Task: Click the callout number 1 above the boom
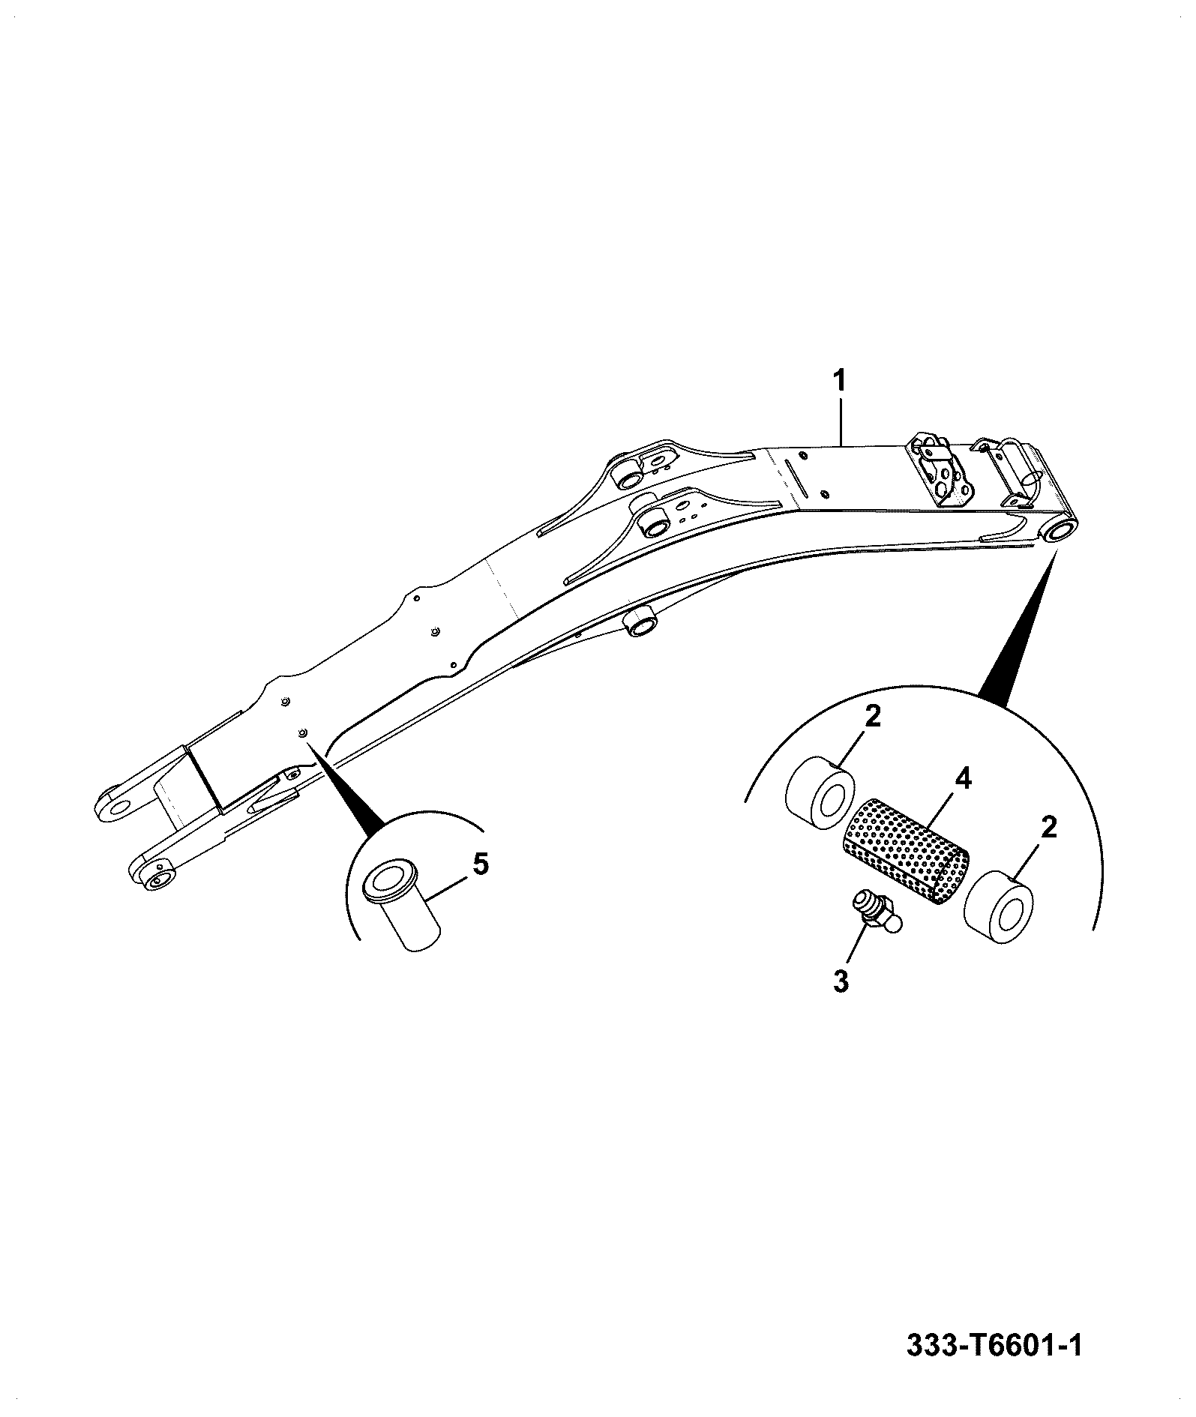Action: pos(840,381)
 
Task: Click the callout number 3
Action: pos(841,981)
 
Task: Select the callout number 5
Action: pos(480,864)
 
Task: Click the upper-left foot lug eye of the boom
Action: pos(116,805)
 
